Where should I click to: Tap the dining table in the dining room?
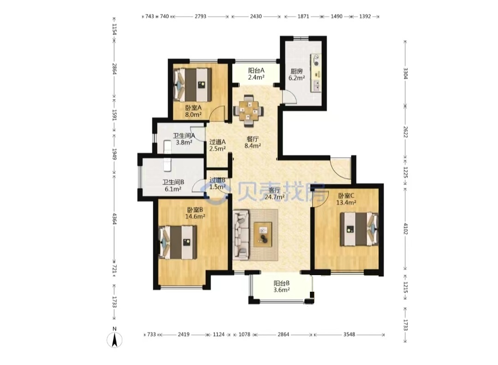tap(249, 111)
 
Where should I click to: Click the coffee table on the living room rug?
tap(263, 235)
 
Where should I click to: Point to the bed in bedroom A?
tap(192, 85)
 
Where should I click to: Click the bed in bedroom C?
tap(359, 229)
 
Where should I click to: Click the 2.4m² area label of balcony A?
tap(256, 77)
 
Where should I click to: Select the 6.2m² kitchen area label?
tap(296, 78)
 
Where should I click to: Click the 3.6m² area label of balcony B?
tap(281, 290)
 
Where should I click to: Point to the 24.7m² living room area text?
tap(275, 197)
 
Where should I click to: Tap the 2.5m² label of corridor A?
tap(218, 148)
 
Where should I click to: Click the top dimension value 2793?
tap(201, 16)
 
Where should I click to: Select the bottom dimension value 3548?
tap(349, 334)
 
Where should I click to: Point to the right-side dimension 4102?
tap(406, 229)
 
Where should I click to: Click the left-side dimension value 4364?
tap(114, 219)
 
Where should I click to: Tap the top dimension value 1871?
tap(303, 16)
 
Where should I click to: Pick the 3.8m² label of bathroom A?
tap(184, 142)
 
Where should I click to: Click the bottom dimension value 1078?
tap(244, 334)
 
